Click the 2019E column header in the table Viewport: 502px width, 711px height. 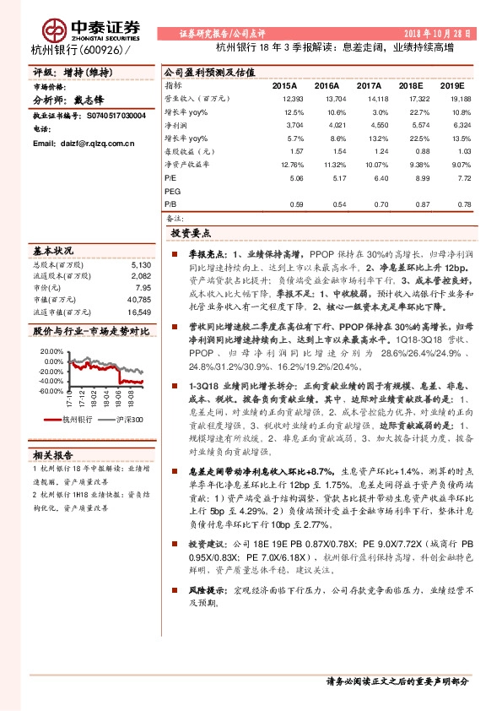tap(454, 86)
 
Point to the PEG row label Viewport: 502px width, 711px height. tap(172, 192)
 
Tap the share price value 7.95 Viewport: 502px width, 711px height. tap(143, 287)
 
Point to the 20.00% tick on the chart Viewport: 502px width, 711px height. tap(51, 351)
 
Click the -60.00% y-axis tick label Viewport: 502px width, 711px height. tap(50, 391)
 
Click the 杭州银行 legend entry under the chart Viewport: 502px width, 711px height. tap(77, 420)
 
